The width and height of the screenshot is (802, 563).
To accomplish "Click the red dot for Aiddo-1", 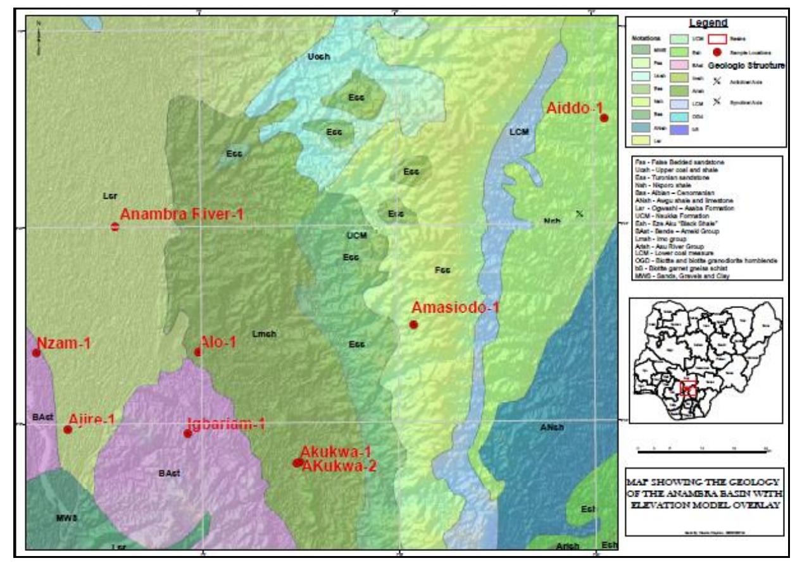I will pos(604,118).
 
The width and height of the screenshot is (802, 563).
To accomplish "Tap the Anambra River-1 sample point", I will pos(115,227).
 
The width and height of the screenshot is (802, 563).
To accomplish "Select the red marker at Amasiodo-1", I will pos(413,325).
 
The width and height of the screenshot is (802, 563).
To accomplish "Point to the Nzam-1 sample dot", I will pos(36,352).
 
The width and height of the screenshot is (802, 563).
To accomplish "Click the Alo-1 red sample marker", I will pos(197,352).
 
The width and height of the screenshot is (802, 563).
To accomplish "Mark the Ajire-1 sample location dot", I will pos(68,430).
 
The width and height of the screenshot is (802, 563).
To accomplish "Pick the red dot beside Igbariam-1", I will pos(187,433).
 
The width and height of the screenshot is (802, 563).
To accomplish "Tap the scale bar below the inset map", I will pos(703,452).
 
